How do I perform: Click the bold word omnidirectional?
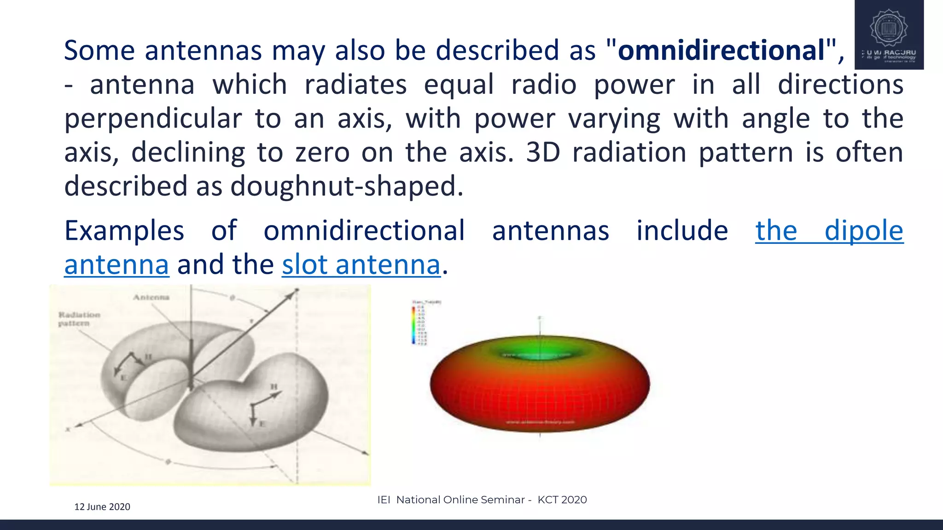tap(721, 51)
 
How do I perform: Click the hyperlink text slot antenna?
tap(361, 265)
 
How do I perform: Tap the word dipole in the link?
tap(863, 231)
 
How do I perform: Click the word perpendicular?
tap(153, 119)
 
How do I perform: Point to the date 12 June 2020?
tap(102, 507)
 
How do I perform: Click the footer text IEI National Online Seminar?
tap(451, 500)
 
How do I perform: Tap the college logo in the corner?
tap(889, 35)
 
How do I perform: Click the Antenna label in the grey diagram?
tap(151, 297)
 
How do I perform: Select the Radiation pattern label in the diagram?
tap(79, 319)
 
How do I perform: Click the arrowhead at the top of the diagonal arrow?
tap(295, 292)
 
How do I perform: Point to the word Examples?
tap(124, 231)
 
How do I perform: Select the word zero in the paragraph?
tap(322, 153)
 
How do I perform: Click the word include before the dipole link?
tap(682, 231)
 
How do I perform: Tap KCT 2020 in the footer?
tap(562, 500)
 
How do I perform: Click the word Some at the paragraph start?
tap(99, 51)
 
